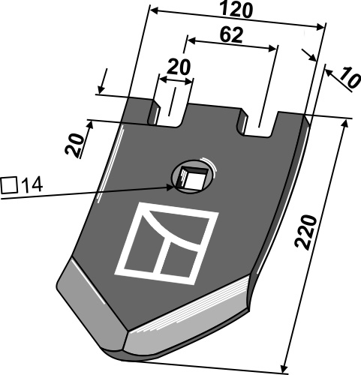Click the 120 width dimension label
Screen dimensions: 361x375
[x=236, y=10]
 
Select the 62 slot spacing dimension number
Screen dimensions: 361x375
[x=231, y=35]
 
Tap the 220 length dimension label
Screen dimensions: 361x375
[x=305, y=232]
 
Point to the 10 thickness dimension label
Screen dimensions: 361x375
[x=350, y=77]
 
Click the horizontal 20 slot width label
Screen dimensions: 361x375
[x=179, y=67]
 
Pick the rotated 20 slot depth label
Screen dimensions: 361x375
[x=74, y=145]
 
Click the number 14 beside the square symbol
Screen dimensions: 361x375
[x=32, y=185]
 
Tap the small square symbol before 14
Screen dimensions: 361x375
[x=9, y=185]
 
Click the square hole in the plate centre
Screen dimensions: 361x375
[x=193, y=178]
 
